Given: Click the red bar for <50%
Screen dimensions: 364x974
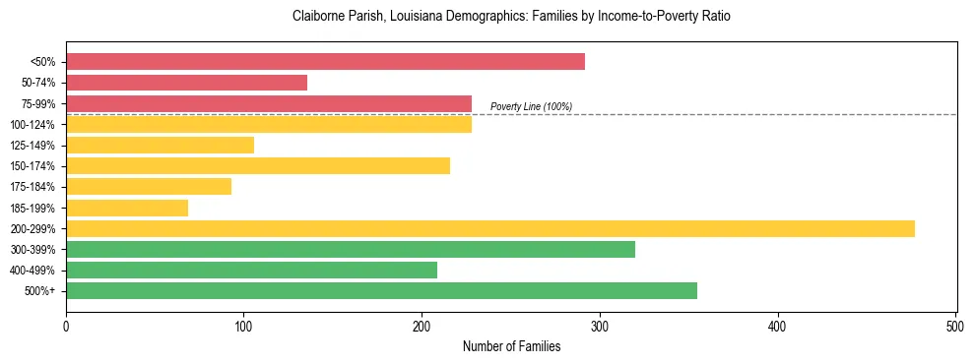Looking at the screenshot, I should pyautogui.click(x=325, y=62).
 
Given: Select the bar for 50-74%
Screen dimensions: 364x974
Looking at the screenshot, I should pyautogui.click(x=186, y=83).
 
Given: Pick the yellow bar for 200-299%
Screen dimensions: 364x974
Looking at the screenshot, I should pyautogui.click(x=489, y=228).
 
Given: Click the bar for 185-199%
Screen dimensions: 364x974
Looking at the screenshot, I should pyautogui.click(x=127, y=208).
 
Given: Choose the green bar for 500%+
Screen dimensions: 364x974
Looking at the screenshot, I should pyautogui.click(x=381, y=290).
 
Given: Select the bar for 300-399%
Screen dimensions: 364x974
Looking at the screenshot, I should pyautogui.click(x=350, y=249).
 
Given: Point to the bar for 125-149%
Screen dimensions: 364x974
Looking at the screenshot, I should pyautogui.click(x=160, y=146).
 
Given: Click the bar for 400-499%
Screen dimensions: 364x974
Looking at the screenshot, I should pyautogui.click(x=251, y=270).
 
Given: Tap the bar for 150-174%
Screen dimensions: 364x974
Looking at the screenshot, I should pyautogui.click(x=257, y=166).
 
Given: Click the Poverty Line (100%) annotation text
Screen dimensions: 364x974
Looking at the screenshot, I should pyautogui.click(x=531, y=106).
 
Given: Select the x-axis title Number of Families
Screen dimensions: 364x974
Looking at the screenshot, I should pyautogui.click(x=511, y=346).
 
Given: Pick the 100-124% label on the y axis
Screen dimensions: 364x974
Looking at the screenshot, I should pyautogui.click(x=32, y=125).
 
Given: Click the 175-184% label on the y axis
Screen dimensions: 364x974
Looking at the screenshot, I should pyautogui.click(x=32, y=187).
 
